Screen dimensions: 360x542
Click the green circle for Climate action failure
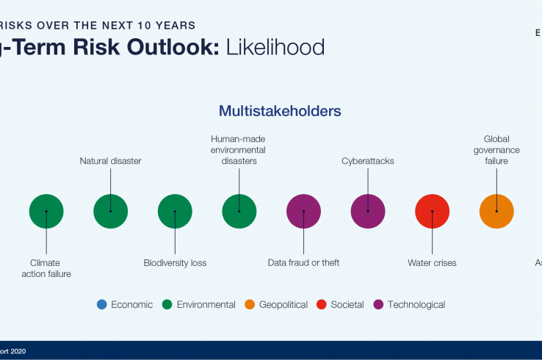tap(46, 212)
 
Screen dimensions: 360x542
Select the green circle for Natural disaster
tap(111, 212)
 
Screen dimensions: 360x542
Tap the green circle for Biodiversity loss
tap(175, 212)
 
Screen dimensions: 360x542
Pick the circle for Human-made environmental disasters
tap(239, 212)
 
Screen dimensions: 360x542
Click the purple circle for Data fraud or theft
tap(303, 212)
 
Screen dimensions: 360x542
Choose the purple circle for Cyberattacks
tap(368, 212)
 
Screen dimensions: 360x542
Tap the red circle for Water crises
tap(433, 212)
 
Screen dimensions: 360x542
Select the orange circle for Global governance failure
tap(496, 212)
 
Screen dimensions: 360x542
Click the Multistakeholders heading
tap(280, 112)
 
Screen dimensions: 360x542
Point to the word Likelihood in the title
tap(275, 48)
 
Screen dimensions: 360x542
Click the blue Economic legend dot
tap(102, 304)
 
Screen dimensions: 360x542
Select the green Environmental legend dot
tap(167, 304)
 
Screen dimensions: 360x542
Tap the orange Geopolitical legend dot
tap(250, 304)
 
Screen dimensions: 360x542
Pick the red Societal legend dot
tap(321, 304)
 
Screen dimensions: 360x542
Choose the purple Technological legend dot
tap(378, 304)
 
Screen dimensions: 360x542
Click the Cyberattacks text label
tap(368, 161)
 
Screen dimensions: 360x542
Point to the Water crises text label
tap(432, 263)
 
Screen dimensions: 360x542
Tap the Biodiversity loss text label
tap(175, 263)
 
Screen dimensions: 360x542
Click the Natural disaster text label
tap(110, 161)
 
